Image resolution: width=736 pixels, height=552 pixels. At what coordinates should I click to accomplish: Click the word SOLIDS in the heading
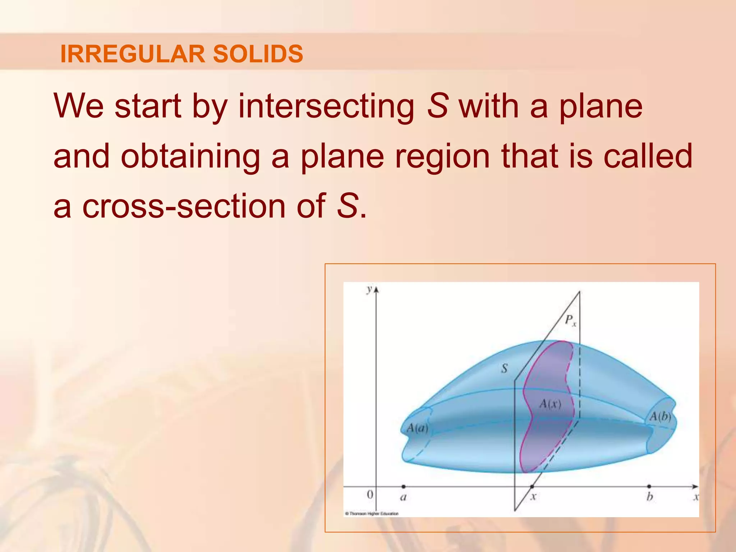click(258, 54)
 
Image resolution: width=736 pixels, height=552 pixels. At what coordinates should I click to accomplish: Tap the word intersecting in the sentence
click(326, 106)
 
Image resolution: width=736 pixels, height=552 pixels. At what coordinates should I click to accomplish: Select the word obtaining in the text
click(190, 156)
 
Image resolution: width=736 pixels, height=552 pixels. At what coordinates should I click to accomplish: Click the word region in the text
click(442, 156)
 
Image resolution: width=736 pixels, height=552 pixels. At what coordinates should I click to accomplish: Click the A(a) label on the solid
click(417, 428)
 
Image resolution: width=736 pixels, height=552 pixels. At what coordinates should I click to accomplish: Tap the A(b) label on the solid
click(660, 417)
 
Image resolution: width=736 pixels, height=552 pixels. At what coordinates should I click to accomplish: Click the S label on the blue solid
click(505, 368)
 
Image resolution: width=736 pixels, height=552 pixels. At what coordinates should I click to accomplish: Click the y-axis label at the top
click(369, 289)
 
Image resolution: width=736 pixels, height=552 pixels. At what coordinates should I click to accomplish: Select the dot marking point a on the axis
click(404, 487)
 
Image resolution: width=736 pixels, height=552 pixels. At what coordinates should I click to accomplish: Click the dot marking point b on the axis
click(649, 487)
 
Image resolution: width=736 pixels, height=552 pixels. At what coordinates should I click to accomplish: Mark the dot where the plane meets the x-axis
click(532, 487)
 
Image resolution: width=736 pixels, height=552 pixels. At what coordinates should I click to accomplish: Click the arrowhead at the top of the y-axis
click(376, 289)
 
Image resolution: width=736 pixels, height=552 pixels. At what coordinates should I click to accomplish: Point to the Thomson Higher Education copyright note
click(372, 514)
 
